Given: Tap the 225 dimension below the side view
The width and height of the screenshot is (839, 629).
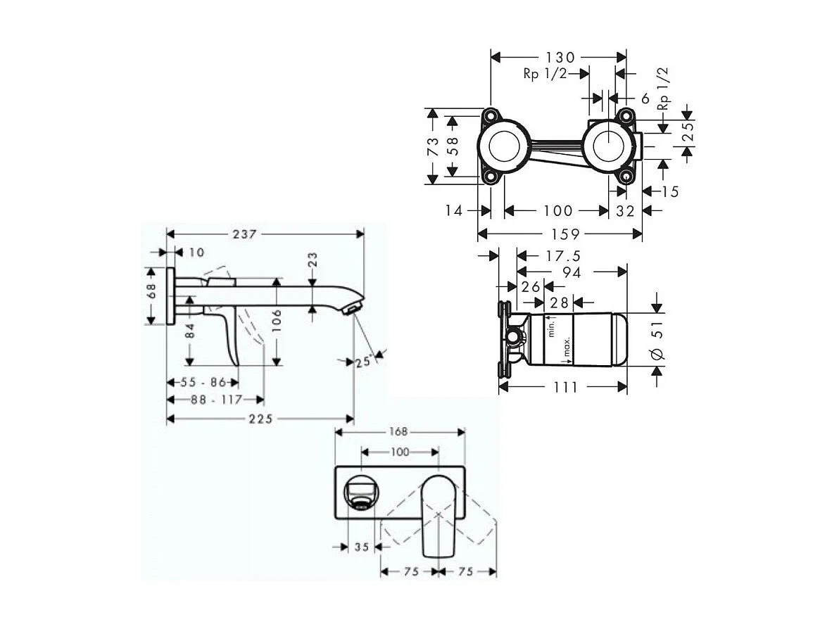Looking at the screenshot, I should pos(260,419).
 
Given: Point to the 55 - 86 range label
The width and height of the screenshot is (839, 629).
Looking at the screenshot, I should pos(202,383).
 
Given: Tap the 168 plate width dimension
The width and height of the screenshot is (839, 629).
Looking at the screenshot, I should pos(398,432).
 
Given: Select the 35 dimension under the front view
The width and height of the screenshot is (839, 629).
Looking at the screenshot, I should pos(362,545).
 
